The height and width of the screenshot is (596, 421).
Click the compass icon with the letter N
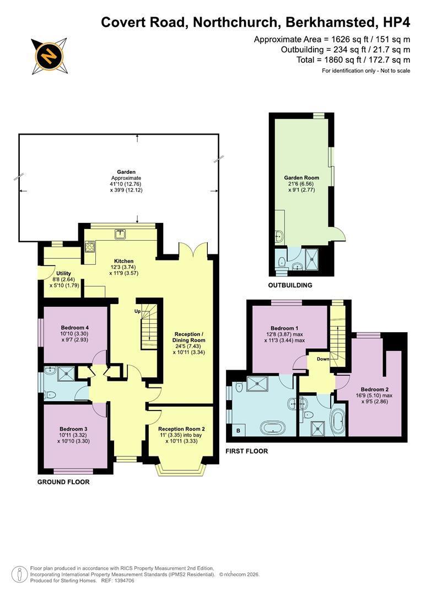(49, 56)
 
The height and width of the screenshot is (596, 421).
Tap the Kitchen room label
(124, 261)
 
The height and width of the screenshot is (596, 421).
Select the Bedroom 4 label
(75, 328)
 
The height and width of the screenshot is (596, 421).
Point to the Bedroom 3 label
(74, 429)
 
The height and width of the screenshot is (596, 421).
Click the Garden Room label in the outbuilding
(301, 178)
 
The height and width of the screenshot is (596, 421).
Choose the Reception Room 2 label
(181, 429)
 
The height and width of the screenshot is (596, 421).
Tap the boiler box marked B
(239, 430)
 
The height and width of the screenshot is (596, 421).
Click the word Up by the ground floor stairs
(137, 311)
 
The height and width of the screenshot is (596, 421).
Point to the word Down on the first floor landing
(323, 359)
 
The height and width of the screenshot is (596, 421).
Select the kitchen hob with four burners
(90, 247)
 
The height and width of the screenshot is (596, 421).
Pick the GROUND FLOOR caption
(63, 482)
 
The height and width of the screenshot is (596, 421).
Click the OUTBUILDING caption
(290, 285)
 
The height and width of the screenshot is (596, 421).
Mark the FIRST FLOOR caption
(247, 451)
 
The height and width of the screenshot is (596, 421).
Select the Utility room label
(63, 273)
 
